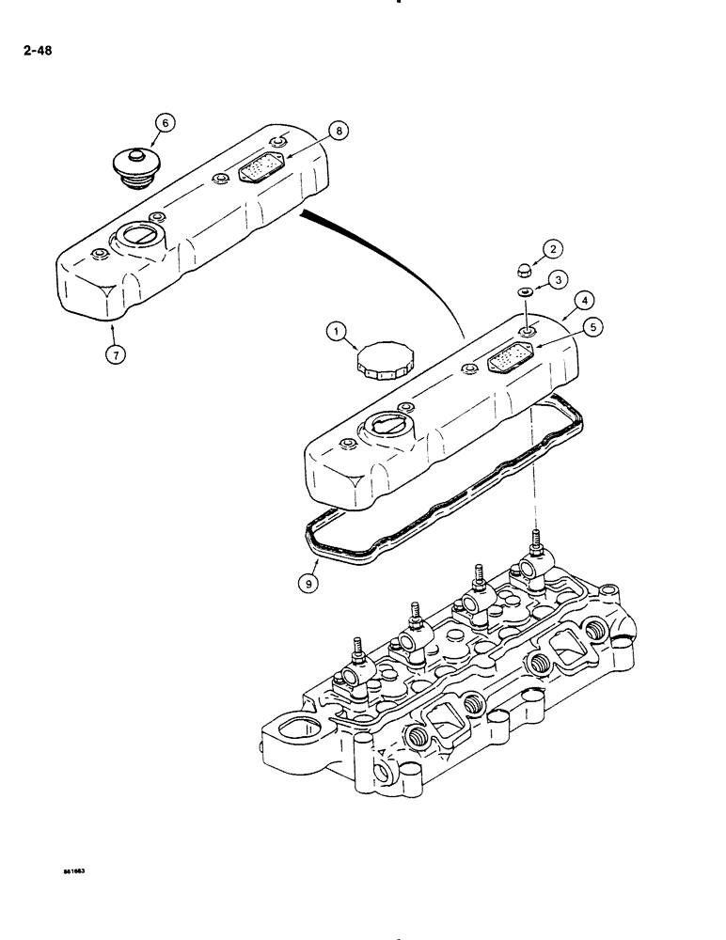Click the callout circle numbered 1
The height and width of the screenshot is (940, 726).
[336, 330]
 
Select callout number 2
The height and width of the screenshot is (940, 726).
[553, 248]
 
